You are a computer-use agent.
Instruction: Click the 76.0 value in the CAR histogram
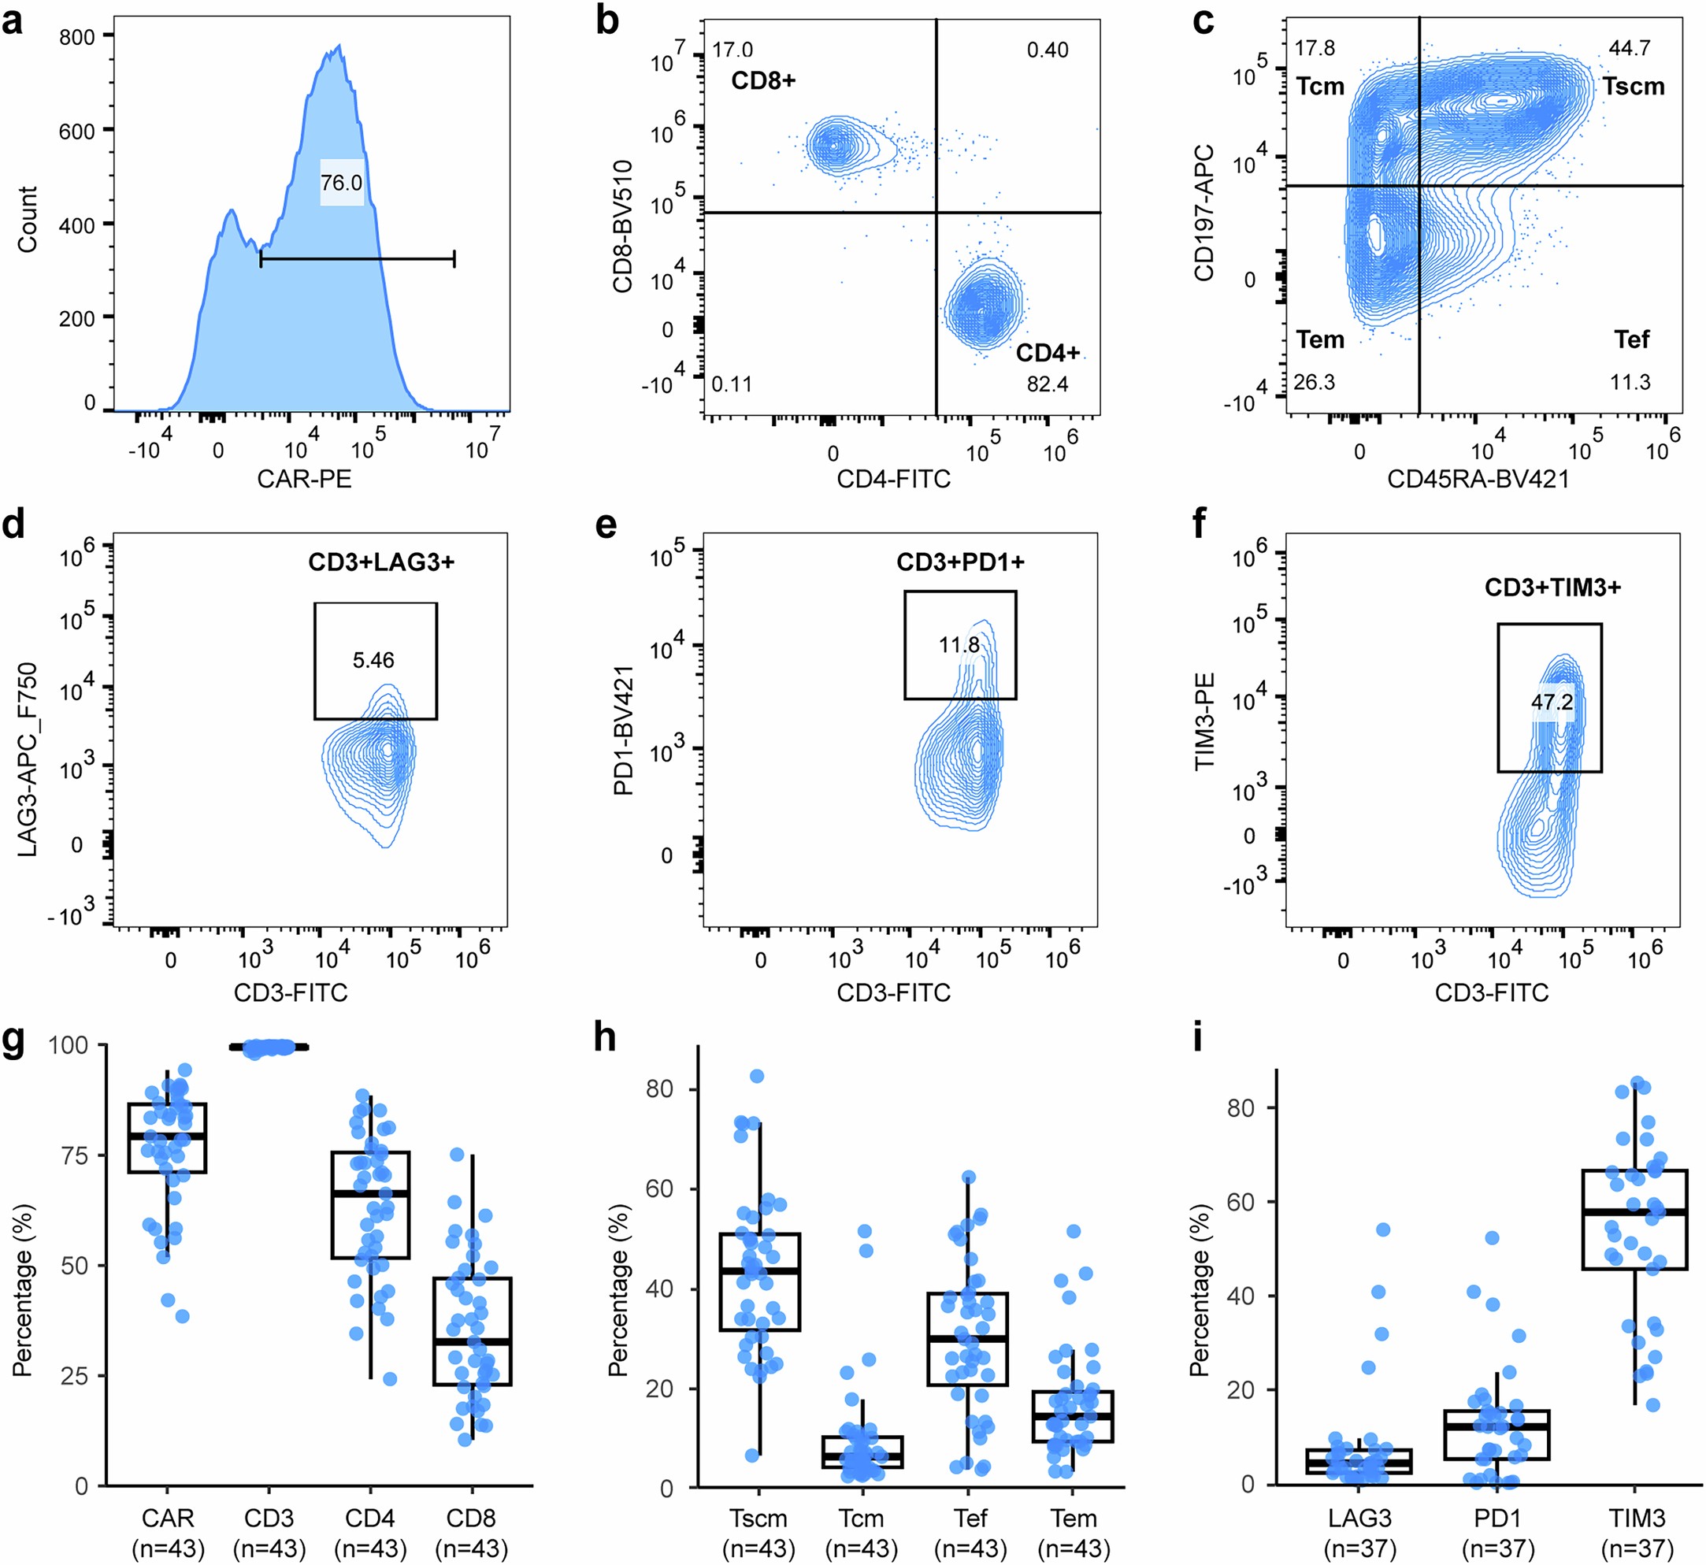point(341,183)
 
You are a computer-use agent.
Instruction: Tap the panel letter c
point(1203,22)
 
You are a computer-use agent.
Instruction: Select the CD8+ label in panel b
point(763,80)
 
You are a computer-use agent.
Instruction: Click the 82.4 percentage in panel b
point(1047,384)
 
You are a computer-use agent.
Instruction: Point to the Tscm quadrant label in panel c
point(1632,87)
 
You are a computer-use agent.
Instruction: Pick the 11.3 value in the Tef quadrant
point(1629,382)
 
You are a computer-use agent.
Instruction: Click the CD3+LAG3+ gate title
point(381,562)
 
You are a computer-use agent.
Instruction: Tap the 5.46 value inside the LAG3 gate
point(373,661)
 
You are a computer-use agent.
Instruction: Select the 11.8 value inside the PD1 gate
point(959,645)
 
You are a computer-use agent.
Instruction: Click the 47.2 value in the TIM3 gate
point(1551,702)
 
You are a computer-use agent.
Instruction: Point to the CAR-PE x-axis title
point(304,480)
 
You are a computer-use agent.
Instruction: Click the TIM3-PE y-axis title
point(1204,721)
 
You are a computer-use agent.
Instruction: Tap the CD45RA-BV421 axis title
point(1478,480)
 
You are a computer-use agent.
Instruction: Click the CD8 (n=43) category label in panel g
point(471,1533)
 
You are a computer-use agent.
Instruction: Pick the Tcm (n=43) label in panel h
point(860,1533)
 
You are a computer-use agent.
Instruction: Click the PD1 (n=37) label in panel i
point(1498,1533)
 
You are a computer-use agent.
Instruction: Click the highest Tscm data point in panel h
point(757,1077)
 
